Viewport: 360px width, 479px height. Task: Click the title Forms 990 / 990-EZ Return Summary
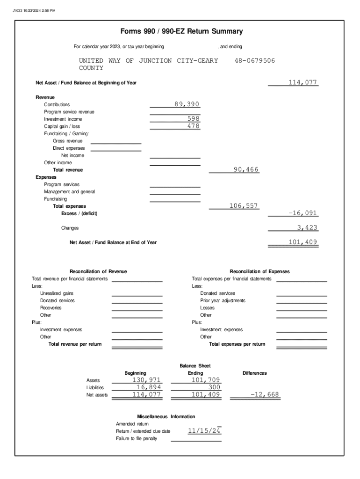[181, 32]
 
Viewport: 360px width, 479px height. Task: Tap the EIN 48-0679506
[254, 61]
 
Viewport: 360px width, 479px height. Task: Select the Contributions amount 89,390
[187, 104]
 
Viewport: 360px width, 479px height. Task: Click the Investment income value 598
[194, 119]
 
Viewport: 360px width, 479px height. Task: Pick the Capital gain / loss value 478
[194, 126]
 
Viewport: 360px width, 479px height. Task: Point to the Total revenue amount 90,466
[246, 169]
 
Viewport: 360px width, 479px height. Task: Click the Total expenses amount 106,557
[244, 206]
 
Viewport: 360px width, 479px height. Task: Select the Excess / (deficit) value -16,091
[302, 213]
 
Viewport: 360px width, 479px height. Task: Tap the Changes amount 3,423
[307, 228]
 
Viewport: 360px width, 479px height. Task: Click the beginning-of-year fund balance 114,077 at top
[302, 83]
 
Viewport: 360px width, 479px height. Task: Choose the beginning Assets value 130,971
[147, 380]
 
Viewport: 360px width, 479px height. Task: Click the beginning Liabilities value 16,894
[149, 387]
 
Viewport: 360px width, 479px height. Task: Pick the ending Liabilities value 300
[214, 387]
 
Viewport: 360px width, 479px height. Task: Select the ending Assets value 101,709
[206, 380]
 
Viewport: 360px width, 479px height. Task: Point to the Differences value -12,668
[265, 395]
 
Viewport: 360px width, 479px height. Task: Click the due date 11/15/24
[204, 431]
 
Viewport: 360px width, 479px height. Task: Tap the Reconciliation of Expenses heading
[259, 271]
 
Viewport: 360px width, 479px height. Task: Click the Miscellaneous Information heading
[166, 416]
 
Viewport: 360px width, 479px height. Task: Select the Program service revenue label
[69, 112]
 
